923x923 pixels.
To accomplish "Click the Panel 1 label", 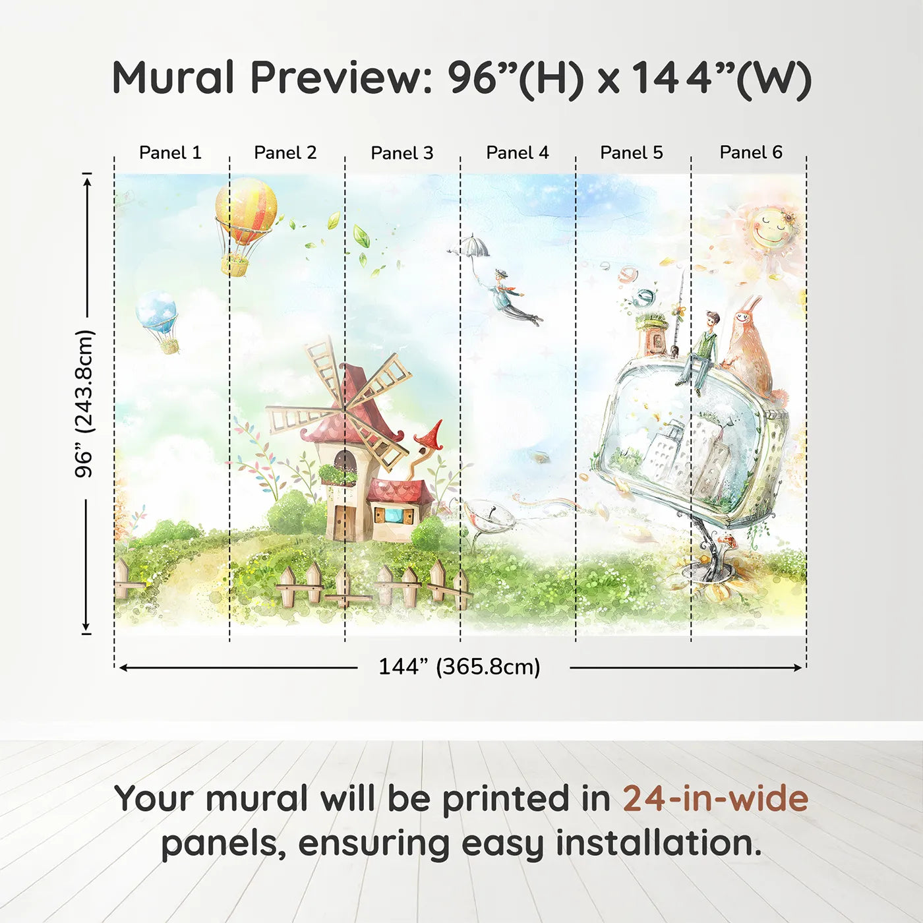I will click(x=170, y=152).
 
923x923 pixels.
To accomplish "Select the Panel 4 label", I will click(x=517, y=152).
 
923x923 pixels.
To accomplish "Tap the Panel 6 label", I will click(x=750, y=152).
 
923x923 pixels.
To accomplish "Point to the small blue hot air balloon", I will click(x=156, y=314).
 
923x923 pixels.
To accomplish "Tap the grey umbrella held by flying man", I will click(x=472, y=246).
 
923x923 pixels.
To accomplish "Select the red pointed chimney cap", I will click(x=429, y=435).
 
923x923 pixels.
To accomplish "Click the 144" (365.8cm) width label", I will click(x=459, y=667).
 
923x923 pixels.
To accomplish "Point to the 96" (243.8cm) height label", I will click(x=84, y=403).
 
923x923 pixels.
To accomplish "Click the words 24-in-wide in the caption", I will click(x=715, y=798).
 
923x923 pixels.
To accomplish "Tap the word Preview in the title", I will click(x=341, y=78).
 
